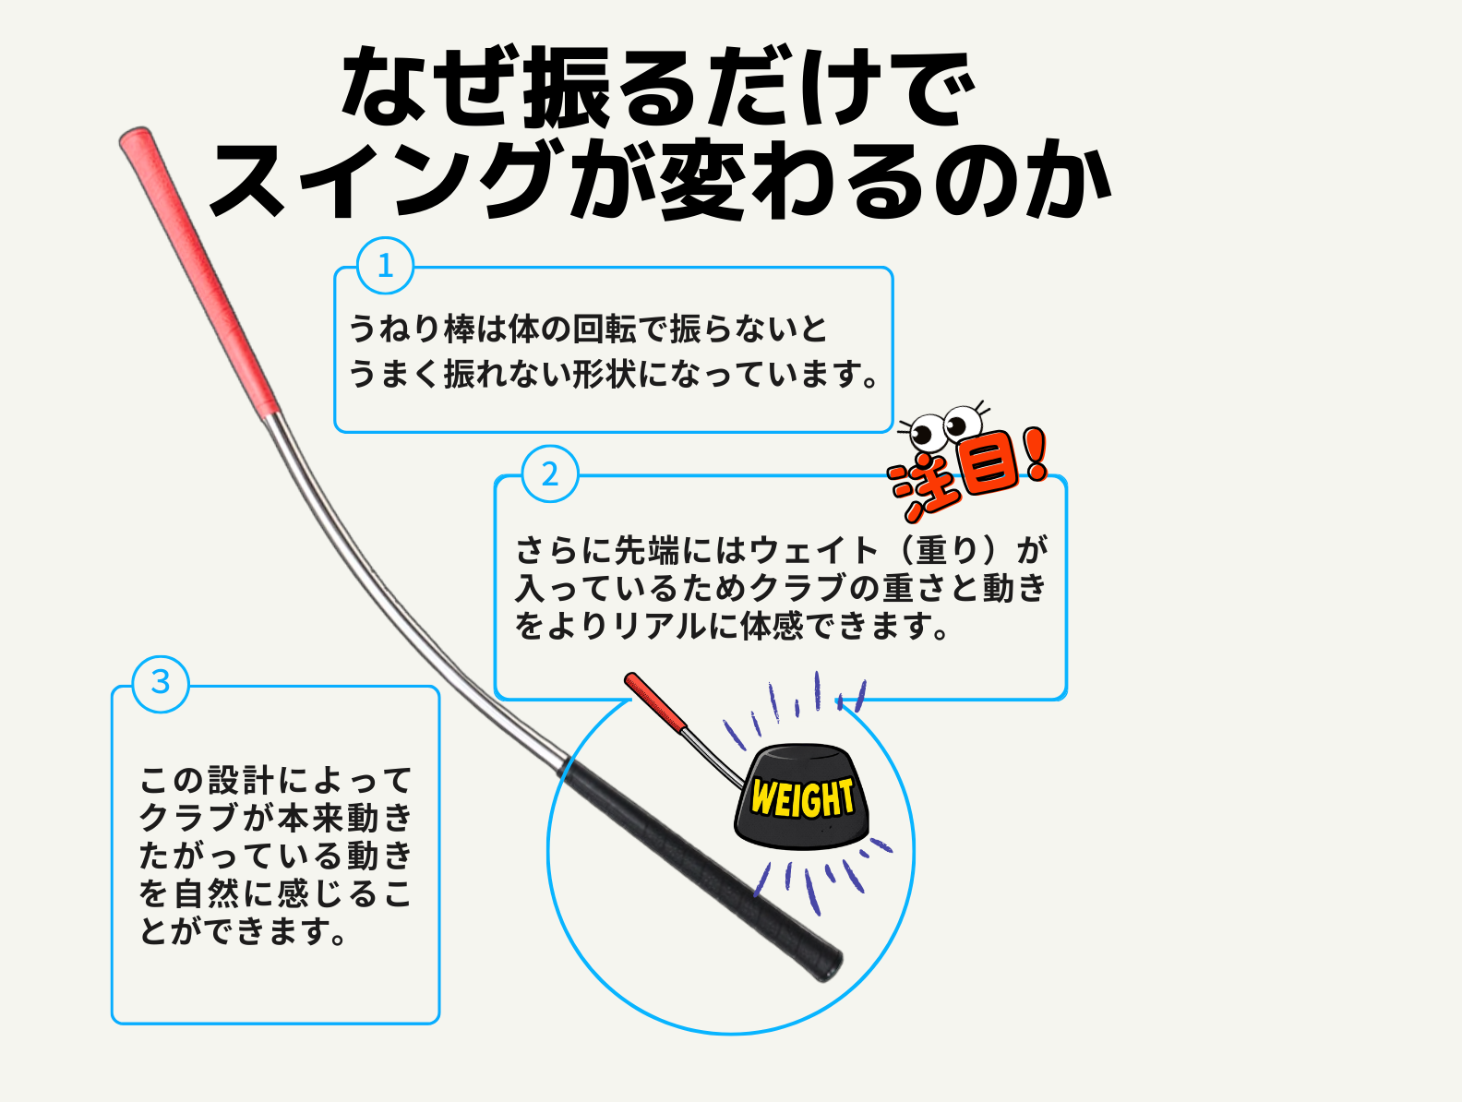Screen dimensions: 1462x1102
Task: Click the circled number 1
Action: (x=385, y=266)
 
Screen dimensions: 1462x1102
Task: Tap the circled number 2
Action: (x=549, y=474)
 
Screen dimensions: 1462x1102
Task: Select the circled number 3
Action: (x=161, y=684)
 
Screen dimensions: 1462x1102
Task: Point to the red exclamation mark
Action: (x=1037, y=454)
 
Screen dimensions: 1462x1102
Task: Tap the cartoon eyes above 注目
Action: (x=942, y=426)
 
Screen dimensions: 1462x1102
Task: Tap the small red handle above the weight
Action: (x=656, y=701)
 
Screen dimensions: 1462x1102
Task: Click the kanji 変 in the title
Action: (x=703, y=179)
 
